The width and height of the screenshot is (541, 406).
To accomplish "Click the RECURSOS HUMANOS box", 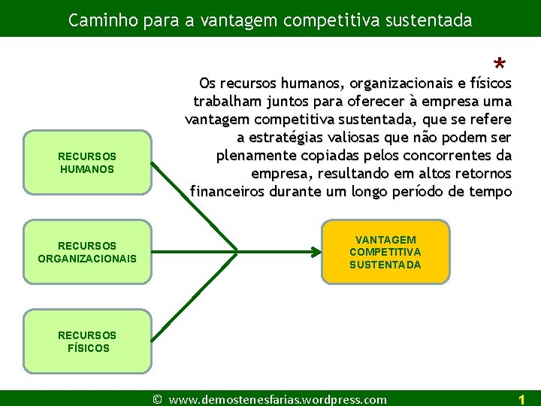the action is tap(87, 162).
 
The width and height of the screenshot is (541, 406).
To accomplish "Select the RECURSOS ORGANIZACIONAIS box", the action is tap(87, 251).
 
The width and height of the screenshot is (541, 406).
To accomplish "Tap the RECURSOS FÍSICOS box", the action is tap(87, 341).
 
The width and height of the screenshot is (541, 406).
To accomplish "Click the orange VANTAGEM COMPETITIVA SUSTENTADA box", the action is tap(385, 252).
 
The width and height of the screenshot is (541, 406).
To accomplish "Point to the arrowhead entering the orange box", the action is tap(316, 250).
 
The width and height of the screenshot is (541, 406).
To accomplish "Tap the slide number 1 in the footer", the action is tap(521, 400).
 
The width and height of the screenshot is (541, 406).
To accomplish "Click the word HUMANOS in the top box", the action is tap(87, 169).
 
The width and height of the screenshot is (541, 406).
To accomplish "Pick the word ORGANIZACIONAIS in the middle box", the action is tap(87, 259).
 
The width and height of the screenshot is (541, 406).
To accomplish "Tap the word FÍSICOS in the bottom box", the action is tap(89, 348).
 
